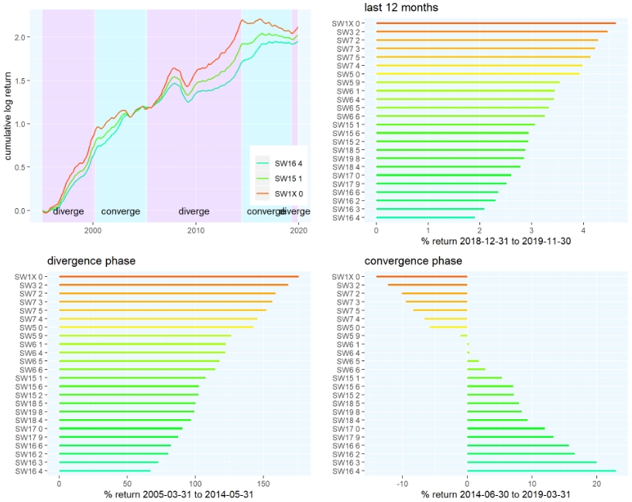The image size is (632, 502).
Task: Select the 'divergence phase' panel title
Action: [x=91, y=261]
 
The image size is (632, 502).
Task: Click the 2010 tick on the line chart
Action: [x=196, y=230]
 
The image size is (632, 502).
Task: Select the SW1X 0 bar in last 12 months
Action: [x=496, y=23]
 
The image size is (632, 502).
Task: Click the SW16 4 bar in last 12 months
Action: [x=425, y=217]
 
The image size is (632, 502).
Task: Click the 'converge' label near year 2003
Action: [x=121, y=211]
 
